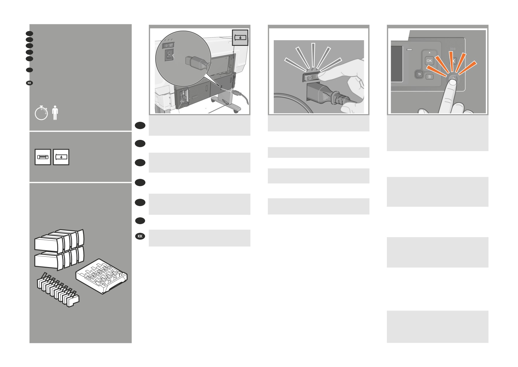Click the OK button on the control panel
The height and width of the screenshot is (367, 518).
pos(429,61)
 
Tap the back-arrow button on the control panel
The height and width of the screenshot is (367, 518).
pos(419,74)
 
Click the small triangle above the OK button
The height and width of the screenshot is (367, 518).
pos(429,53)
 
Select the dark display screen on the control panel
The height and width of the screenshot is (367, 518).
pos(397,64)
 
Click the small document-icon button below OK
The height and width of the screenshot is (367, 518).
pos(429,77)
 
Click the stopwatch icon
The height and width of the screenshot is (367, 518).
pos(41,113)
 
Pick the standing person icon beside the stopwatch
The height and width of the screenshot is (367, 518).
pos(55,113)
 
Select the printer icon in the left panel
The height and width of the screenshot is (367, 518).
pos(43,157)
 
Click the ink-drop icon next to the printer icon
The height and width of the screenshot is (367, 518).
pos(61,157)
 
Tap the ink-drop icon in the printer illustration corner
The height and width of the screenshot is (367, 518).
pos(240,38)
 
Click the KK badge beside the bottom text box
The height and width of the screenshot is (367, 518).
pos(140,236)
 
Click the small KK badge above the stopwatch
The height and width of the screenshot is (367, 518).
pos(29,83)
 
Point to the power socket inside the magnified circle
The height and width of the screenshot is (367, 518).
pos(169,55)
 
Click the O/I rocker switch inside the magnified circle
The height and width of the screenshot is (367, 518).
pos(169,46)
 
